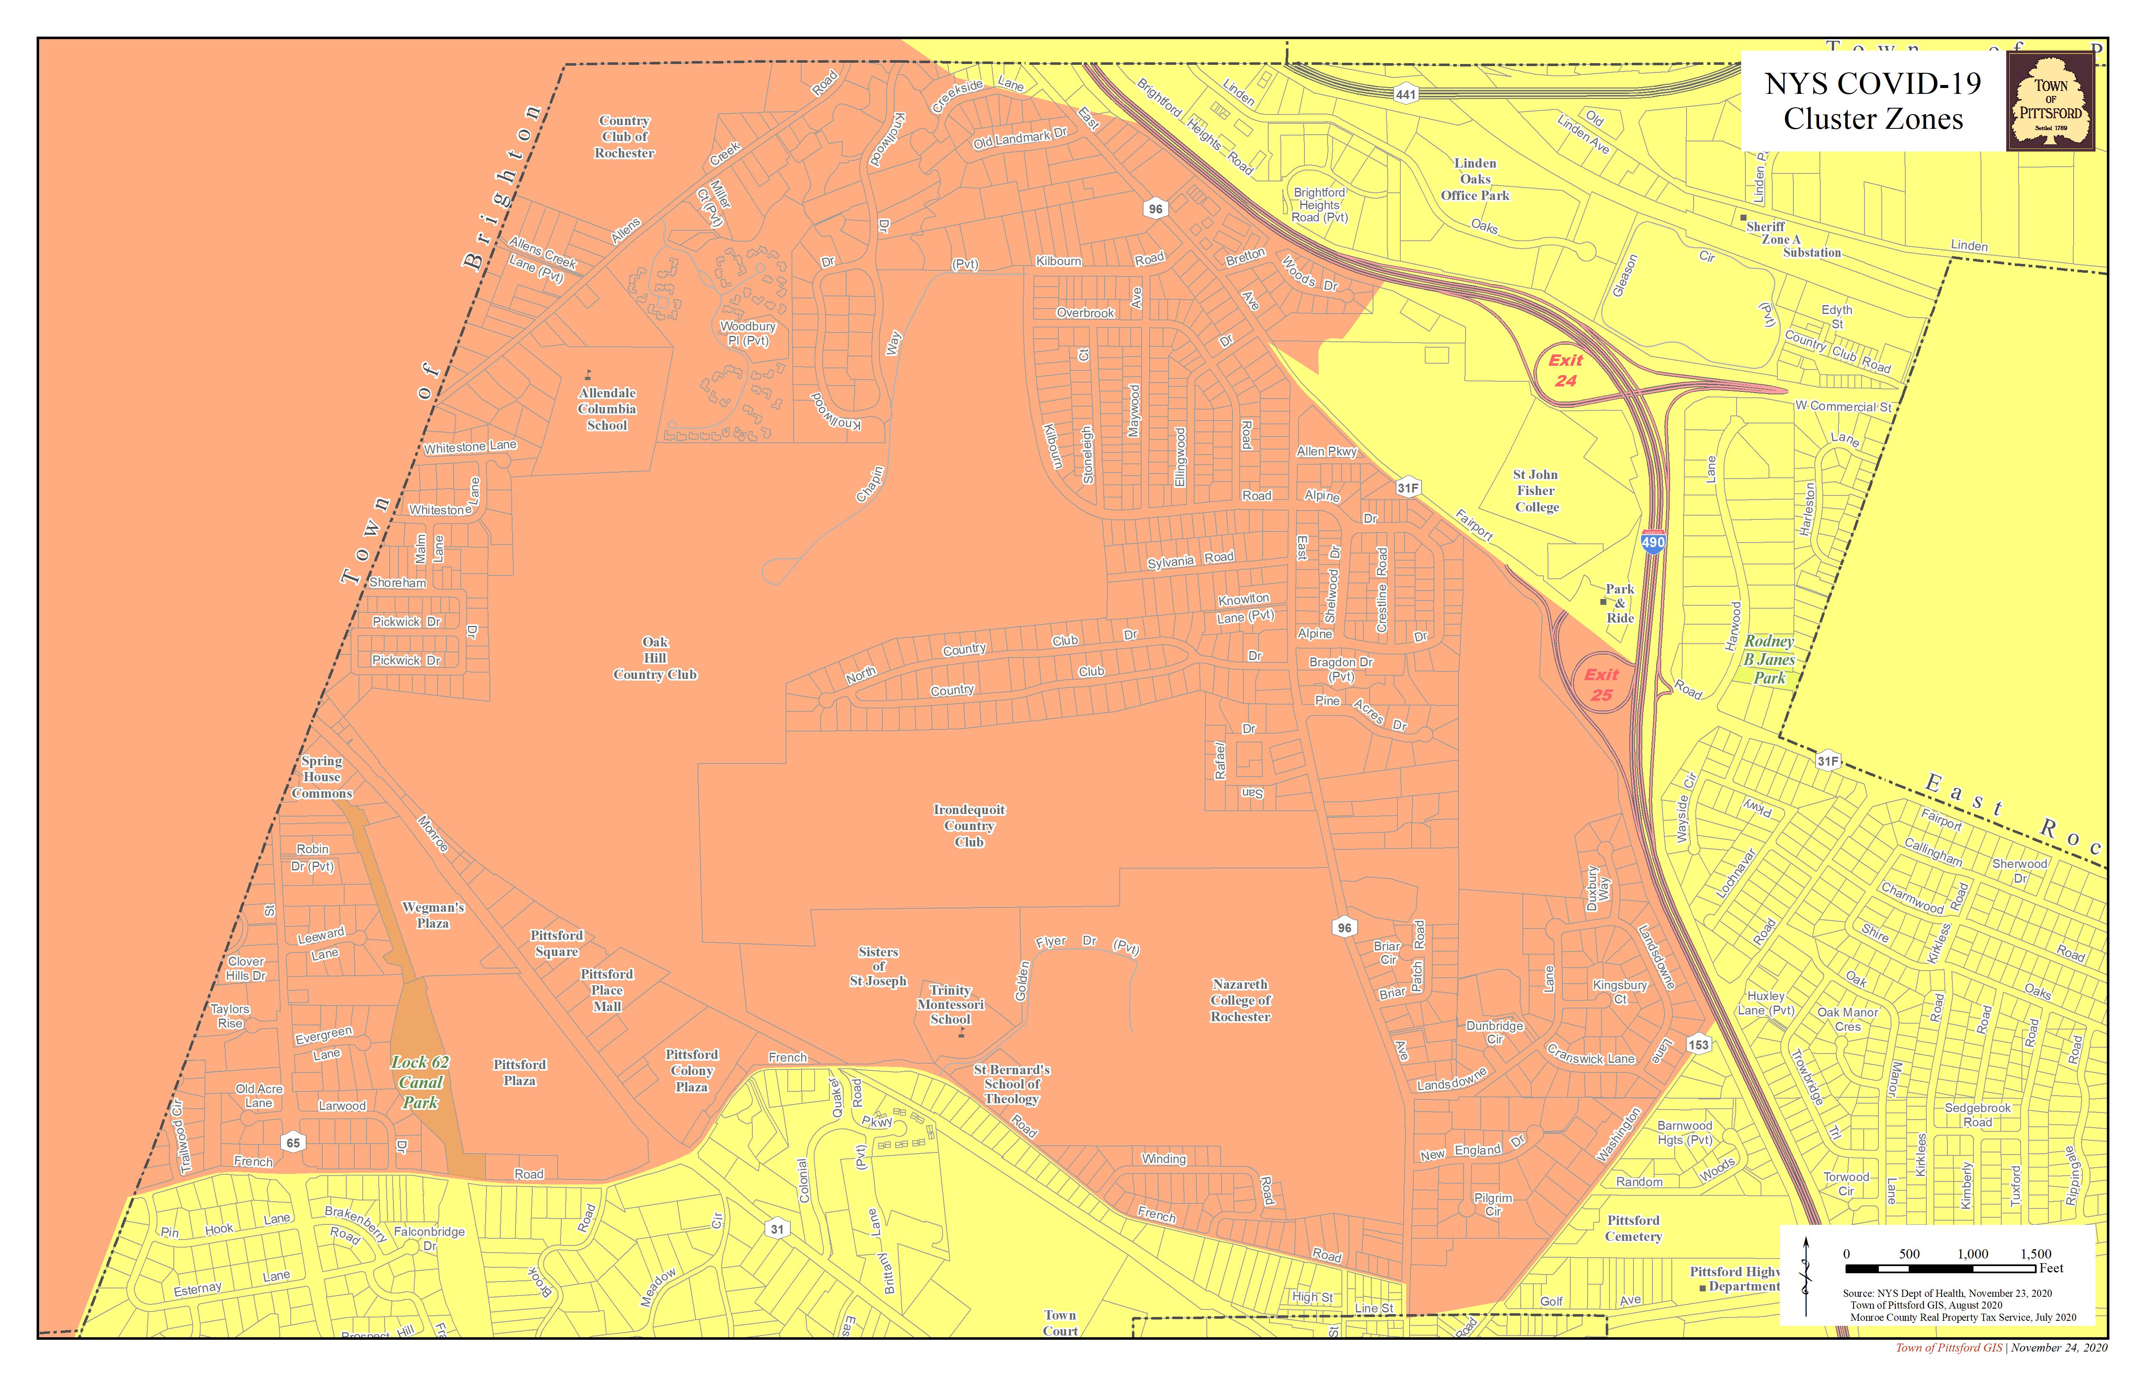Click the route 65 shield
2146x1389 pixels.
[x=293, y=1143]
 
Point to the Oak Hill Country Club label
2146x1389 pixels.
[x=656, y=658]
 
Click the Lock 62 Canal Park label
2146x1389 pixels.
[x=420, y=1082]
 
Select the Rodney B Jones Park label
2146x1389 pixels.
[x=1768, y=659]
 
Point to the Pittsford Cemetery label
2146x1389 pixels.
[x=1633, y=1229]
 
